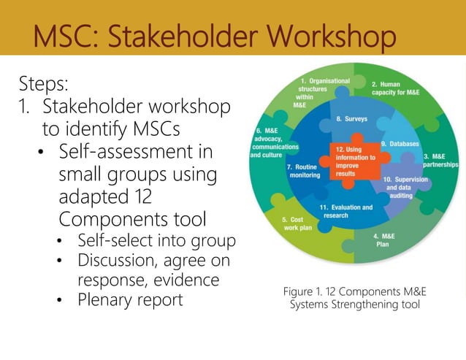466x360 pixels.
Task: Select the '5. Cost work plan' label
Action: (x=297, y=223)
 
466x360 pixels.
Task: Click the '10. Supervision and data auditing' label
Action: (x=404, y=188)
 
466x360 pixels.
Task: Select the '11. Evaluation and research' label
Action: (x=347, y=211)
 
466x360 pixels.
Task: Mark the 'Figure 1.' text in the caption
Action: (x=305, y=291)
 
